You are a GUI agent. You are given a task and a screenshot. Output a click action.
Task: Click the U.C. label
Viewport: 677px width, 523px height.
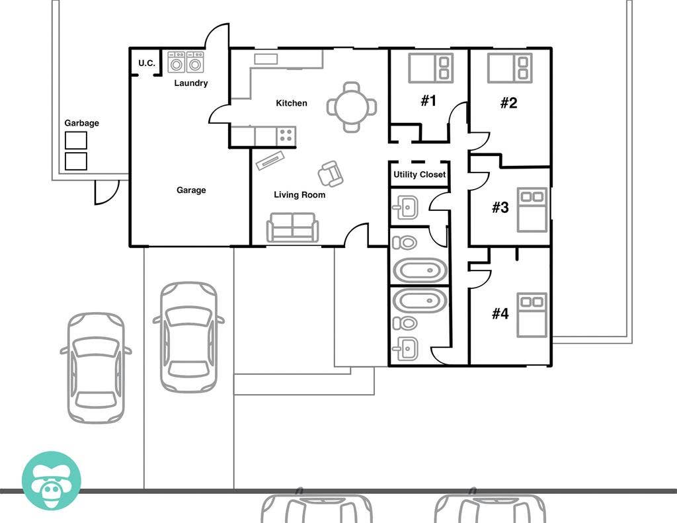tap(146, 63)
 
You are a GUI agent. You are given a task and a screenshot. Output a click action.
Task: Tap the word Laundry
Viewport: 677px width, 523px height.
tap(191, 83)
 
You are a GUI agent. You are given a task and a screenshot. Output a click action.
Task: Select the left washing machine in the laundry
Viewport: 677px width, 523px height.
tap(176, 62)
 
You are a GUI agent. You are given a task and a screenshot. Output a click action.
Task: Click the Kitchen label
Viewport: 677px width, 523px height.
tap(292, 103)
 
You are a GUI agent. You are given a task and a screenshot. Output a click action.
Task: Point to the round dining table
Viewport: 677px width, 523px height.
tap(352, 106)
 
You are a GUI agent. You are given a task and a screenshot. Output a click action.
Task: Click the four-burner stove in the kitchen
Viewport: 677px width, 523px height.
tap(286, 136)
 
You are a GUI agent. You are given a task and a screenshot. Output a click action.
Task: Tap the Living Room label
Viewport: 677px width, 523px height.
tap(299, 195)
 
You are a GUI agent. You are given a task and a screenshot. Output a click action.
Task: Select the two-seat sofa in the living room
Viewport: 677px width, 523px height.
tap(292, 227)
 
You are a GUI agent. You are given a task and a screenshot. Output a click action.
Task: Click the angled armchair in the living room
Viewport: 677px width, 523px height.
tap(331, 174)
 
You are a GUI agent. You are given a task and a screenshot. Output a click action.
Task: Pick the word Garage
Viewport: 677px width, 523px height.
tap(191, 190)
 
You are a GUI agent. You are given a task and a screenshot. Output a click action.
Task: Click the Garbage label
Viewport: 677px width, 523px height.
tap(81, 123)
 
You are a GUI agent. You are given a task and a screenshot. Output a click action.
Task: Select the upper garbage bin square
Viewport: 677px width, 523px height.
tap(76, 140)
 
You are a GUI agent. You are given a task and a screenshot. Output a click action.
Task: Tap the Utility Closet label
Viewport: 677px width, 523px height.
tap(420, 175)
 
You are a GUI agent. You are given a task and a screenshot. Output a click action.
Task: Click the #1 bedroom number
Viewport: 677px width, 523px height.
tap(429, 101)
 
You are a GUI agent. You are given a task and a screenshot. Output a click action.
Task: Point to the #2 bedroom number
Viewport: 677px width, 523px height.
tap(508, 102)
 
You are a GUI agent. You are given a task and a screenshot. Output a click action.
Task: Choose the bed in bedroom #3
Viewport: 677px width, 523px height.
tap(532, 210)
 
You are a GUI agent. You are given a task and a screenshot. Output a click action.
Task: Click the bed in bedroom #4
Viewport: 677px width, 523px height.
tap(532, 315)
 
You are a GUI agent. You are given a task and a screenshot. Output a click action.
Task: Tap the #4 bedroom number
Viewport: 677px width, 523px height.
tap(500, 313)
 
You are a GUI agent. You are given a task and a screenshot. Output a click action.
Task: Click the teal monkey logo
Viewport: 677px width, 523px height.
tap(52, 481)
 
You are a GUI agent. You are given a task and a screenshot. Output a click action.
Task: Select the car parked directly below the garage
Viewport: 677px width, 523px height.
tap(188, 337)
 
